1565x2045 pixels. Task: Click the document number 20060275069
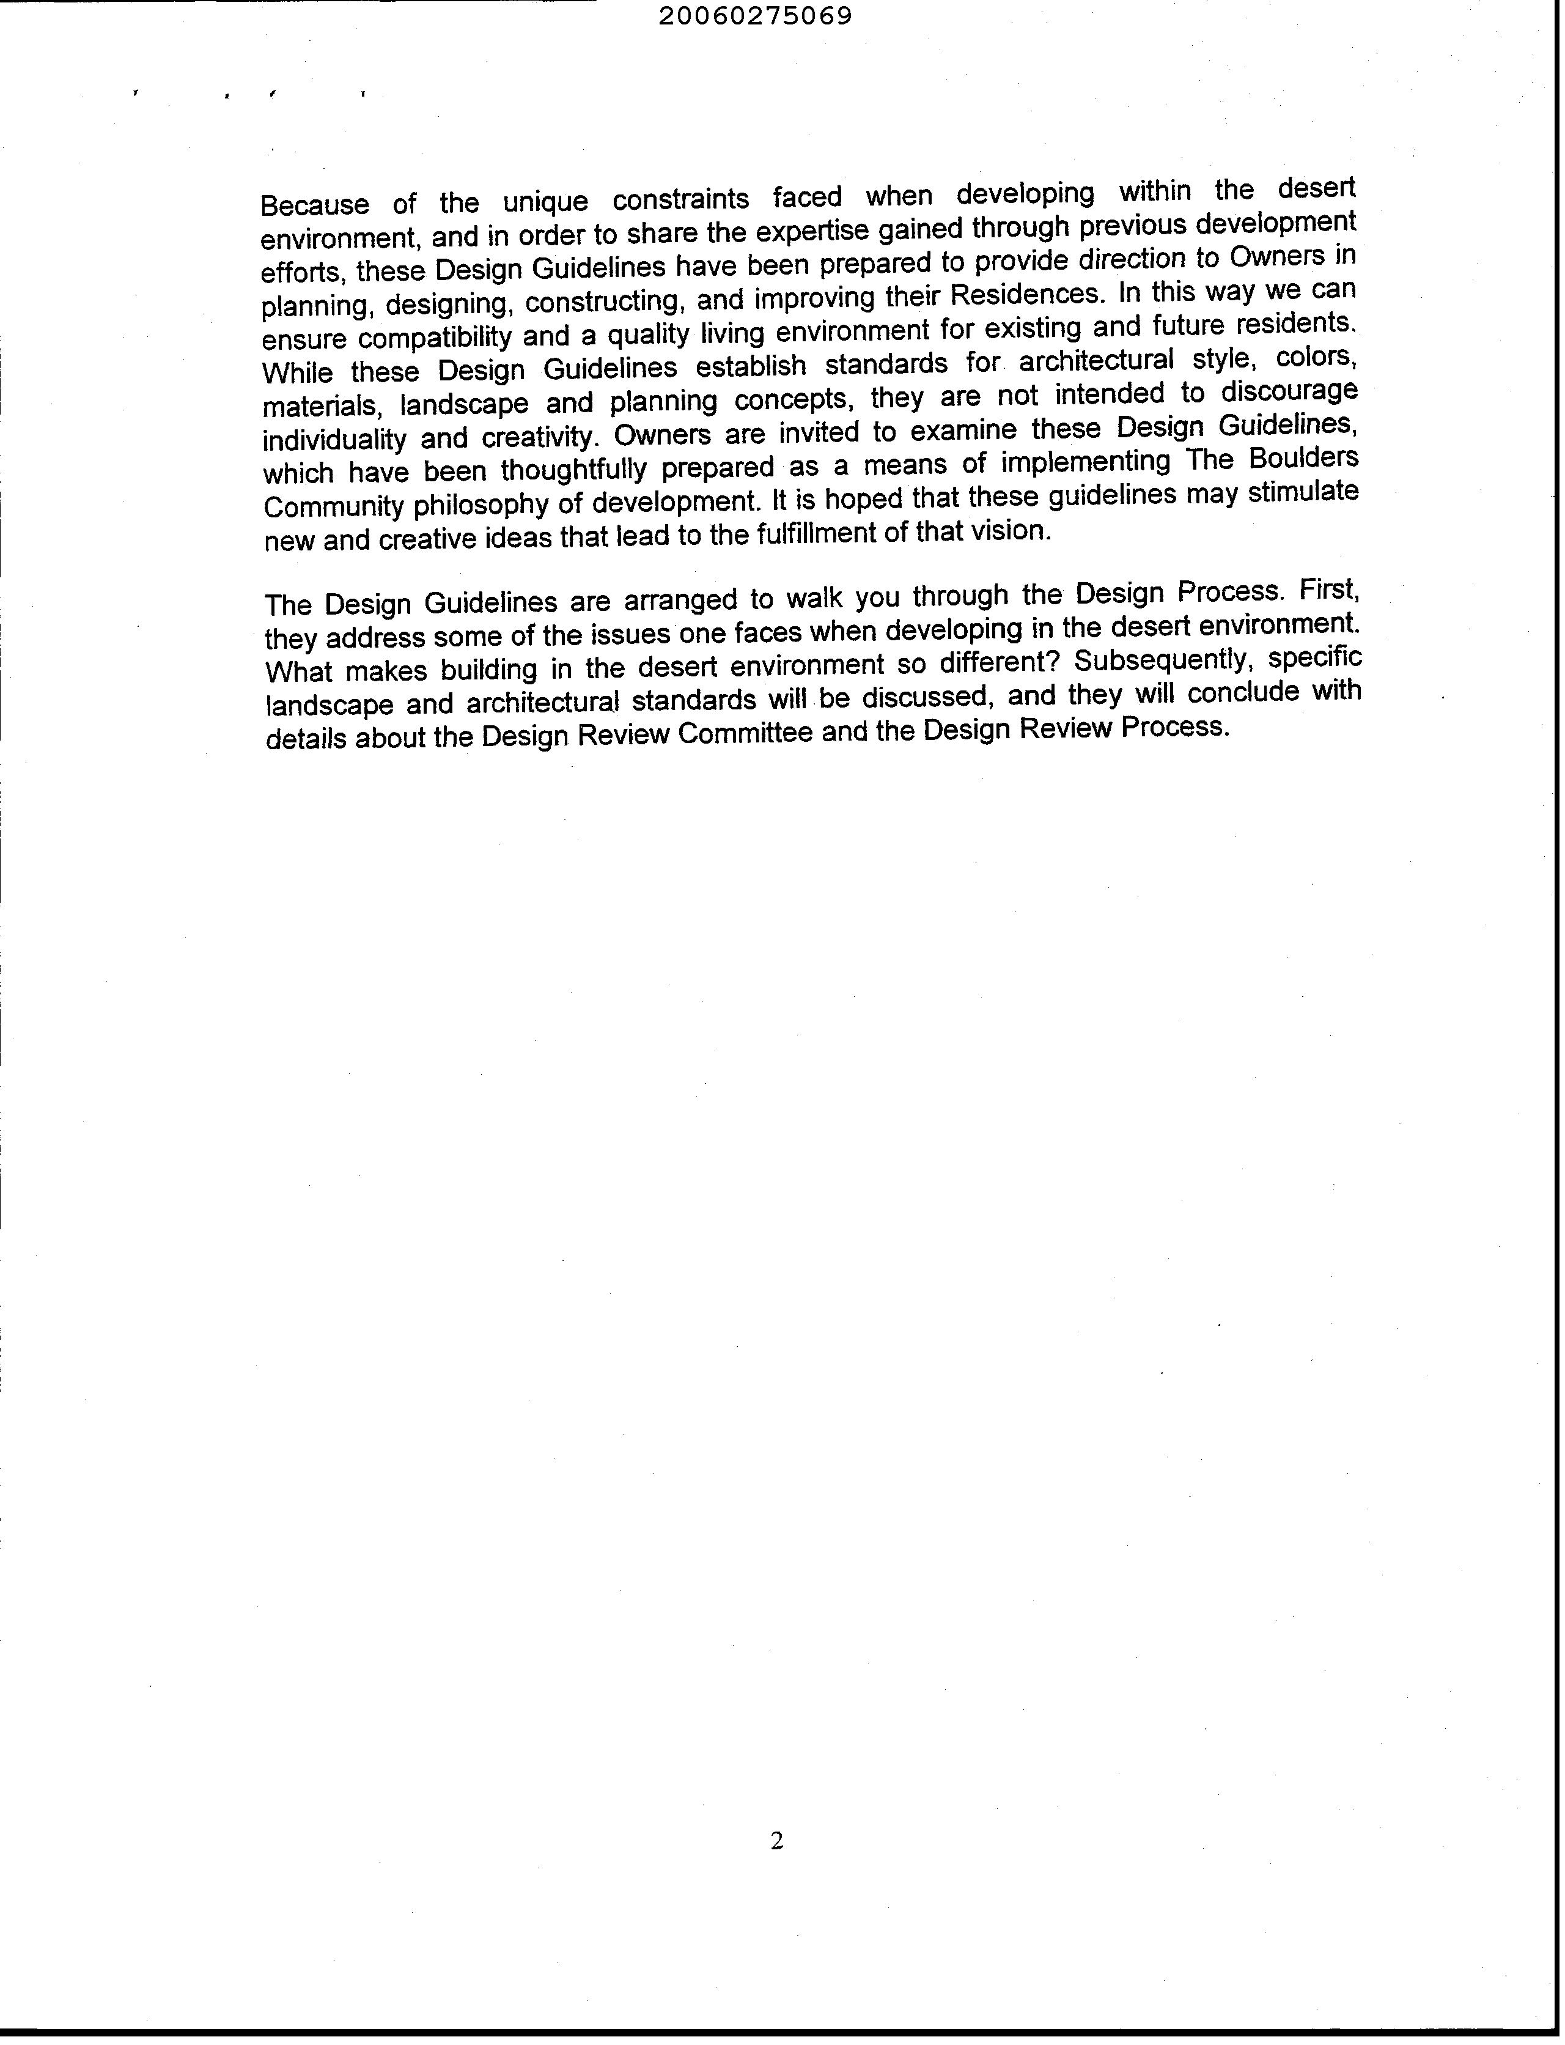click(754, 17)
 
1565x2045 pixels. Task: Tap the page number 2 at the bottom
click(777, 1840)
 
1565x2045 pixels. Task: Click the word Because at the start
click(315, 204)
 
